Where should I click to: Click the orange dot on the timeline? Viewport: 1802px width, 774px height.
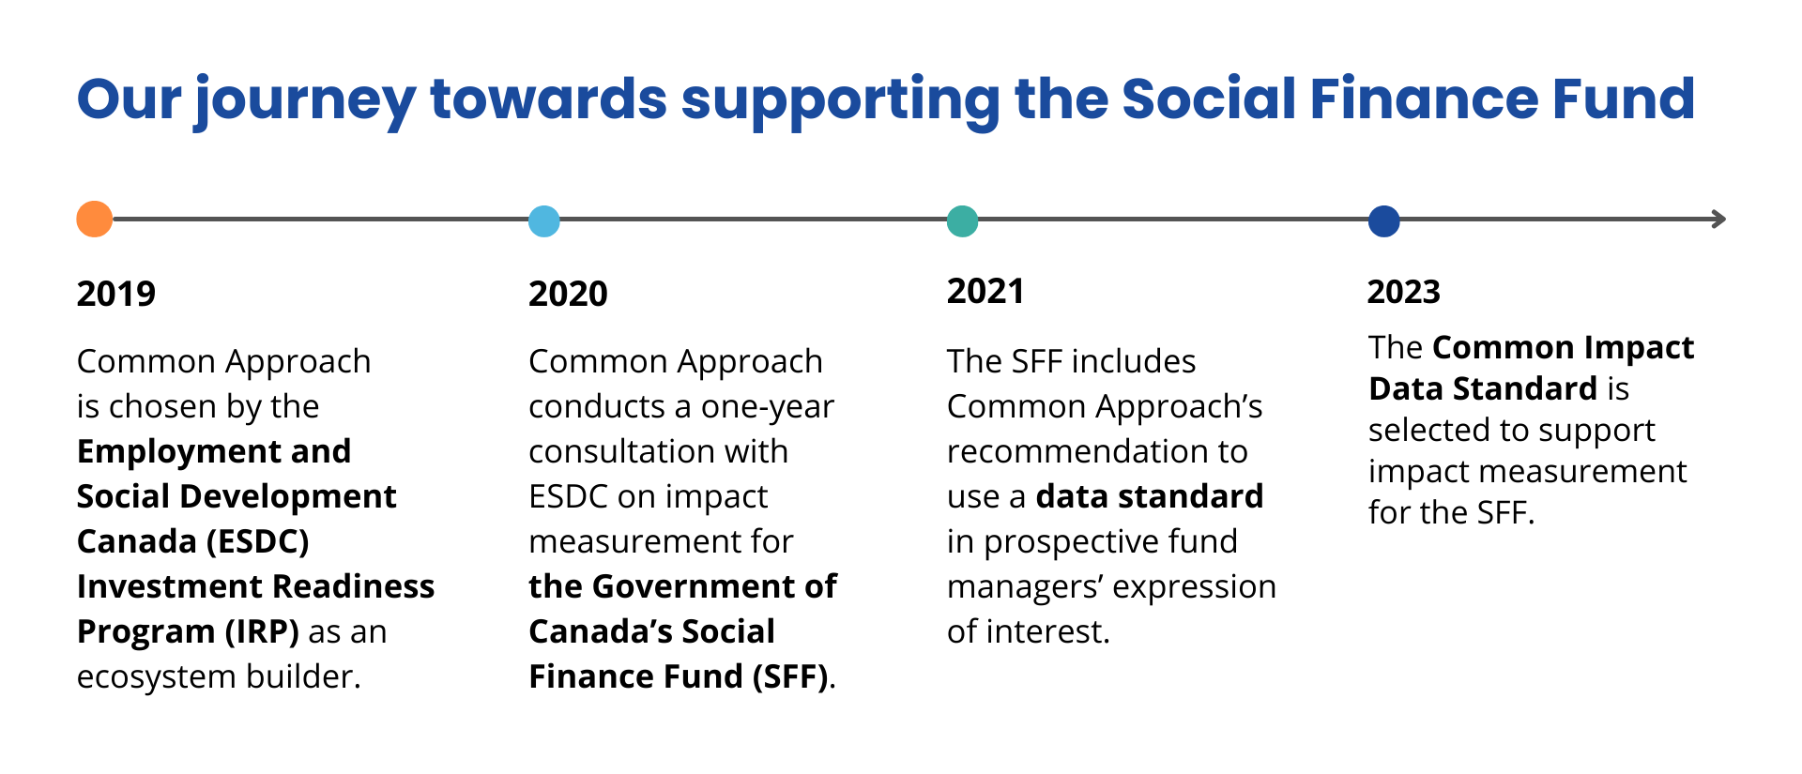click(95, 220)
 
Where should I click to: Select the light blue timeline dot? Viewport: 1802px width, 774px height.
click(544, 221)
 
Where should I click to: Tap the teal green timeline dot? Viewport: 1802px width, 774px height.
click(962, 221)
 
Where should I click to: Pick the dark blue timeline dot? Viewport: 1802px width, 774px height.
click(1383, 221)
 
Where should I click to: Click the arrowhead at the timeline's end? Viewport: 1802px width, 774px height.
click(1718, 220)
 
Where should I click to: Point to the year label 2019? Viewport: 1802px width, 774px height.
click(116, 294)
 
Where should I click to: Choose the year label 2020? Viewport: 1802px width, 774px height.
click(568, 294)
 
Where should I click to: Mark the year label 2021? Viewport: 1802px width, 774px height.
click(985, 291)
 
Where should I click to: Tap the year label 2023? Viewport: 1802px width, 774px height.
click(1403, 292)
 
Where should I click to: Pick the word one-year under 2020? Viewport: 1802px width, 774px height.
click(767, 407)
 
